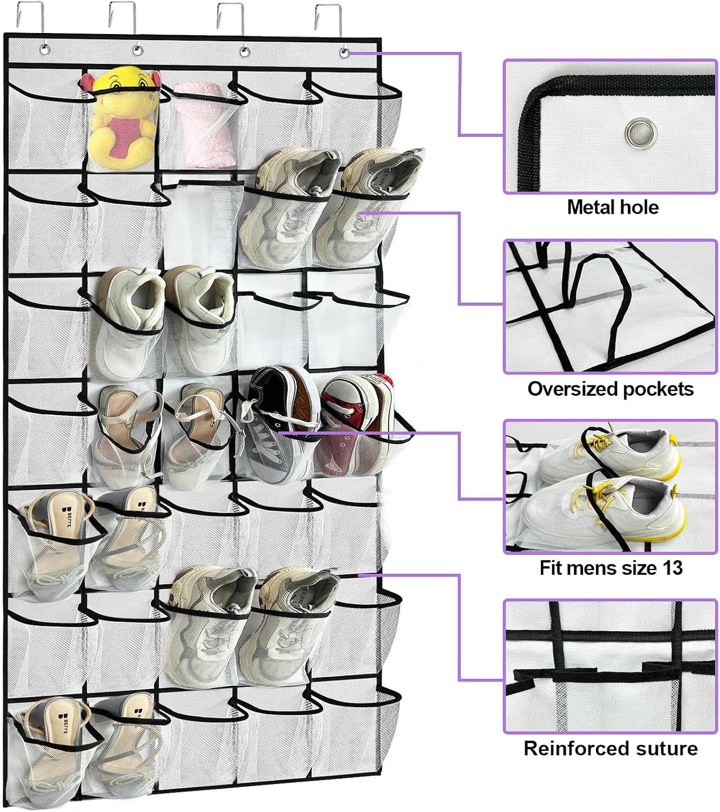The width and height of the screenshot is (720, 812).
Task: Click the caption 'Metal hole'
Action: pyautogui.click(x=612, y=207)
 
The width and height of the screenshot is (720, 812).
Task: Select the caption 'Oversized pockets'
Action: pyautogui.click(x=610, y=389)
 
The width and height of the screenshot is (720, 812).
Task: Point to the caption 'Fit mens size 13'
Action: pyautogui.click(x=611, y=568)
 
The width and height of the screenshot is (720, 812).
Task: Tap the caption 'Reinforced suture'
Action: pyautogui.click(x=611, y=748)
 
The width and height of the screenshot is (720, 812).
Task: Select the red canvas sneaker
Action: pyautogui.click(x=355, y=425)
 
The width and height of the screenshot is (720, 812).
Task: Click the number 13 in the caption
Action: pyautogui.click(x=672, y=568)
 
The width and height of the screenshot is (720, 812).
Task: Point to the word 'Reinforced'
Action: pyautogui.click(x=572, y=748)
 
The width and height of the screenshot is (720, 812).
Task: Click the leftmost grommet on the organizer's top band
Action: pyautogui.click(x=44, y=50)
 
